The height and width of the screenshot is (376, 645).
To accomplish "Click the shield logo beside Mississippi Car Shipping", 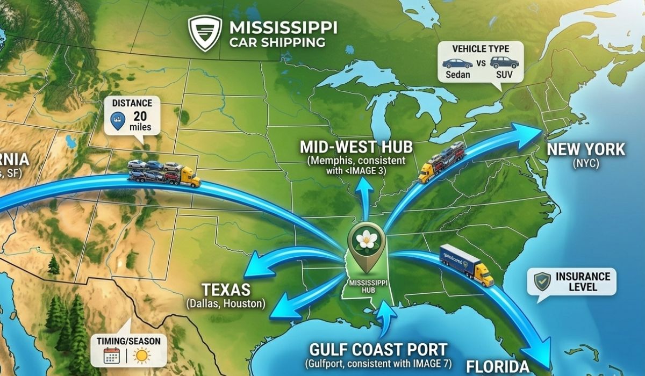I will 205,33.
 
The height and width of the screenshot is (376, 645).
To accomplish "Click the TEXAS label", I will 226,290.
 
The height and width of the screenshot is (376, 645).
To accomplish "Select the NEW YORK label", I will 586,149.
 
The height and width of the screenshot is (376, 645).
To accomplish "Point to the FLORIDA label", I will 498,366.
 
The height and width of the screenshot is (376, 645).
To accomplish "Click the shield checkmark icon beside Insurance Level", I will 542,281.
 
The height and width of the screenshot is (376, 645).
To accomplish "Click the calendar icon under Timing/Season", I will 111,355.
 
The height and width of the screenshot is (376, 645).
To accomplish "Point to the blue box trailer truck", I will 466,264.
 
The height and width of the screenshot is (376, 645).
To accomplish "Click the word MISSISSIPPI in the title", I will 283,27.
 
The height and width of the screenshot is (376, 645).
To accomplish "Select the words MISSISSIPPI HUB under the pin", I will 365,285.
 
